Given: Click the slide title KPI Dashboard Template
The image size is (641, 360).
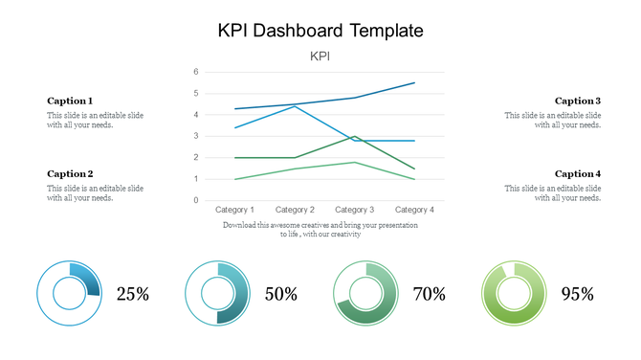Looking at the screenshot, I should coord(320,31).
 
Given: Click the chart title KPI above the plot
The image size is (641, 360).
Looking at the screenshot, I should coord(320,56).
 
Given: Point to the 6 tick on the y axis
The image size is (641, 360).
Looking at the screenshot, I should coord(195,72).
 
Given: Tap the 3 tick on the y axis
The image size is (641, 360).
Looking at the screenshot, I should coord(195,136).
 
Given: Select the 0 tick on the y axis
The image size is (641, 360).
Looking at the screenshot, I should coord(195,200).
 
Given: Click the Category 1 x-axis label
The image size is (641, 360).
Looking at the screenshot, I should coord(235,210).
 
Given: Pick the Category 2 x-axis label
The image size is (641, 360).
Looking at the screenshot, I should coord(295,210).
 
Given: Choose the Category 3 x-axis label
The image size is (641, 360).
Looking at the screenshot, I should coord(355,210).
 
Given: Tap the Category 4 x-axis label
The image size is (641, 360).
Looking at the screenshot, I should coord(414,210).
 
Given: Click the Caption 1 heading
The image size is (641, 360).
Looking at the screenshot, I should coord(70,101).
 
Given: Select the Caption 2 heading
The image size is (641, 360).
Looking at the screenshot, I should coord(70,174).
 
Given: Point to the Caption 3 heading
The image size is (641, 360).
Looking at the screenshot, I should coord(578,101).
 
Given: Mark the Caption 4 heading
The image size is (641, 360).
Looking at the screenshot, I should coord(578,174).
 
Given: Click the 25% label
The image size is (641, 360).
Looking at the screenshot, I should coord(132,294).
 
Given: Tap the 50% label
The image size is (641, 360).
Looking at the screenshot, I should coord(280,294).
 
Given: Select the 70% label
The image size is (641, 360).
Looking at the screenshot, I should coord(430,294).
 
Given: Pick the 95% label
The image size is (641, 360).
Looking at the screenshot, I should coord(577,294).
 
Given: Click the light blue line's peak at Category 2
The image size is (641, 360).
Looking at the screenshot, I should coord(295,106).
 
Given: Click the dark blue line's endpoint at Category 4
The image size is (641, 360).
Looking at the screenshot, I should coord(414,83).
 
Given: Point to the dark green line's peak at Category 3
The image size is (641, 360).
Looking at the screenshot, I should coord(355,136).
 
